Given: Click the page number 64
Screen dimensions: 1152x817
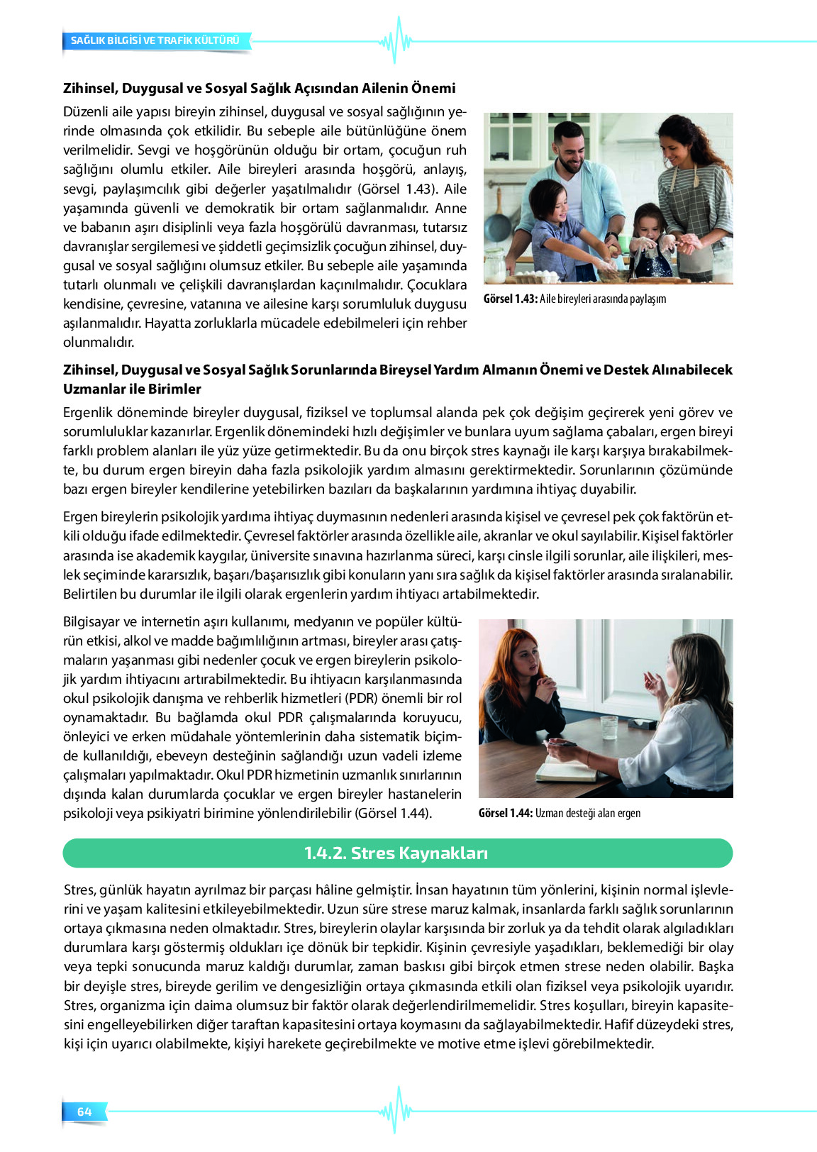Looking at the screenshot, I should [x=84, y=1112].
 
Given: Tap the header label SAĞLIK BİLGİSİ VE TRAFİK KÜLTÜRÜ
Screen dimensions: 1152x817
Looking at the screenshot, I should [x=155, y=40].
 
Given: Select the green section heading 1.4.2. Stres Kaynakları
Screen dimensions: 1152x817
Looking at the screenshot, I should [x=396, y=853].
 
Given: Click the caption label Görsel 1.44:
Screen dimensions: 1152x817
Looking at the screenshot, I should [x=505, y=813].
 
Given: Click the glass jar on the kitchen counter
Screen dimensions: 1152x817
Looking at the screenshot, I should [x=494, y=265].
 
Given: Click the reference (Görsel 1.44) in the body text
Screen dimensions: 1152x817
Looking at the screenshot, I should [x=393, y=813].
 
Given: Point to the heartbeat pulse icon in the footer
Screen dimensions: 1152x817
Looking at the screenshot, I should [x=396, y=1110].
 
